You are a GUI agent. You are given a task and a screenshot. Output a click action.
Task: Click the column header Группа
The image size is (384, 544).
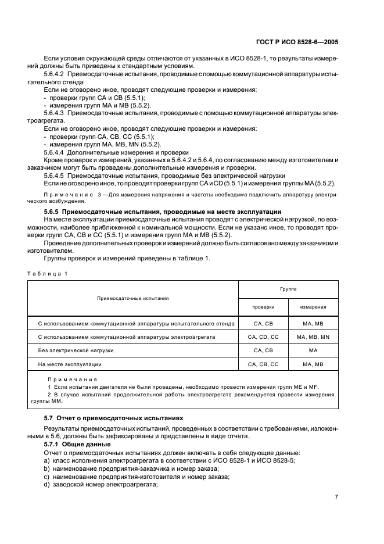point(288,288)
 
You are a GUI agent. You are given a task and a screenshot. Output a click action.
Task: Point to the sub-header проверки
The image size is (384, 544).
point(263,307)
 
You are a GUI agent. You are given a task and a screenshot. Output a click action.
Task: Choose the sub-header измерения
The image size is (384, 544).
point(313,307)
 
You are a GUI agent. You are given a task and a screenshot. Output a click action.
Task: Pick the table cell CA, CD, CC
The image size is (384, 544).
point(263,337)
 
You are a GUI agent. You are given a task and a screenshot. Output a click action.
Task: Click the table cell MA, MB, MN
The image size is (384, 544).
point(313,337)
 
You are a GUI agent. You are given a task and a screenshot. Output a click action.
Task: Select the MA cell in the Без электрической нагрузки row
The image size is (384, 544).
point(313,350)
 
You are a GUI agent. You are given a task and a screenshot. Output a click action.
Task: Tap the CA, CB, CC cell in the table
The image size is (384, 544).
point(263,364)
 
